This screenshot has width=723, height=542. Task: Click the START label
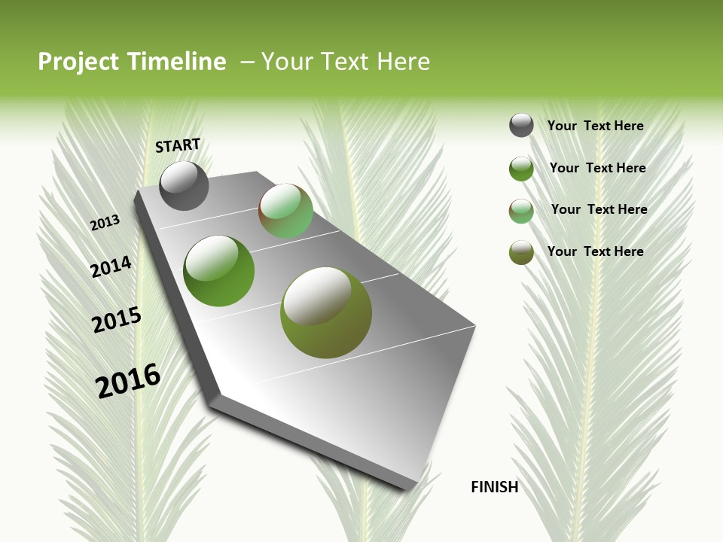point(178,145)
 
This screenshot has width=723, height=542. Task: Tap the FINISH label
point(495,487)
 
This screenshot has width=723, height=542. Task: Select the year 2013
point(105,223)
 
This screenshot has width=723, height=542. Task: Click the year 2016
point(128,381)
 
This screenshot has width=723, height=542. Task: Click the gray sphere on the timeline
point(184,186)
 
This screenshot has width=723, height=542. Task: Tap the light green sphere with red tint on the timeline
point(286,211)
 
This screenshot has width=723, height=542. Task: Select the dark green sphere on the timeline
point(219,271)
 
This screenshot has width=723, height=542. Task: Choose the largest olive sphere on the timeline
point(326,312)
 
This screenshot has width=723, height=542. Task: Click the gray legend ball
point(521,126)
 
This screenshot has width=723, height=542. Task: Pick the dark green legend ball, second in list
point(521,169)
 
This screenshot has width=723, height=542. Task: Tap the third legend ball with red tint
point(521,211)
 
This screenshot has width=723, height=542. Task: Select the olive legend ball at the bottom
point(521,252)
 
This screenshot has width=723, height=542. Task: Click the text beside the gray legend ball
point(595,126)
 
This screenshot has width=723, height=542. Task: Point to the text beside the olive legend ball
point(595,251)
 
